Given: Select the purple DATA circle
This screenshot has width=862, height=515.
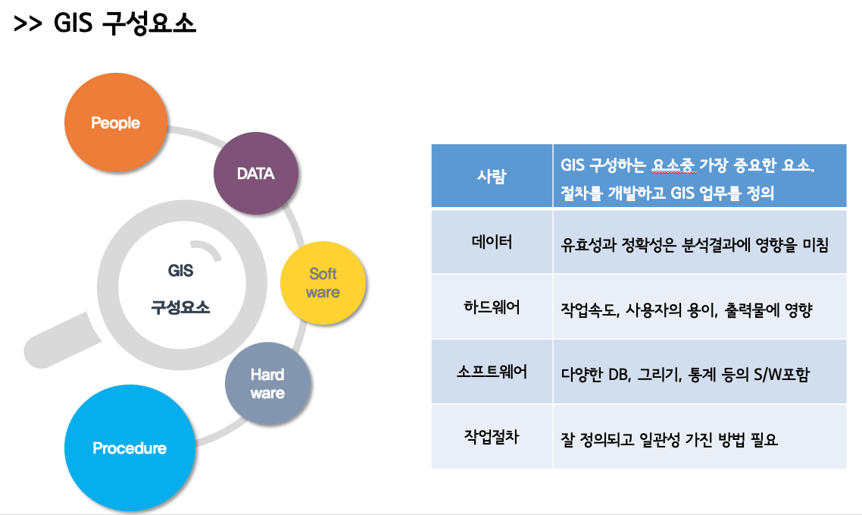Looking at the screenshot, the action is tap(255, 174).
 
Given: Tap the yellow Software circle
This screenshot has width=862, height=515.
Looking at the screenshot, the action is tap(323, 283).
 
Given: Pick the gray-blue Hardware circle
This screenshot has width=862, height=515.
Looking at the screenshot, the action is tap(267, 383).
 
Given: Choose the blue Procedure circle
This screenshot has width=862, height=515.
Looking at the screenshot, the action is tap(129, 448).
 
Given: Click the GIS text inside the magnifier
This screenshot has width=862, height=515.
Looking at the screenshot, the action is tap(180, 271).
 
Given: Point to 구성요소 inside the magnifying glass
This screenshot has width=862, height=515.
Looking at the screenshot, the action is tap(180, 308).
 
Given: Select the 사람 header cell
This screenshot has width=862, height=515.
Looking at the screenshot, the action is tap(492, 177).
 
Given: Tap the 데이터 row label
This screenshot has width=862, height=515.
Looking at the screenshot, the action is tap(492, 243).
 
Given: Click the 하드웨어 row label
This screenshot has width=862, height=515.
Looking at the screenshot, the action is tap(492, 308).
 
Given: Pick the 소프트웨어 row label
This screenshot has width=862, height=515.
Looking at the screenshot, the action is tap(492, 372).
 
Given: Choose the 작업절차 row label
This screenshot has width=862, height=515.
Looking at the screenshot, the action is tap(492, 437).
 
